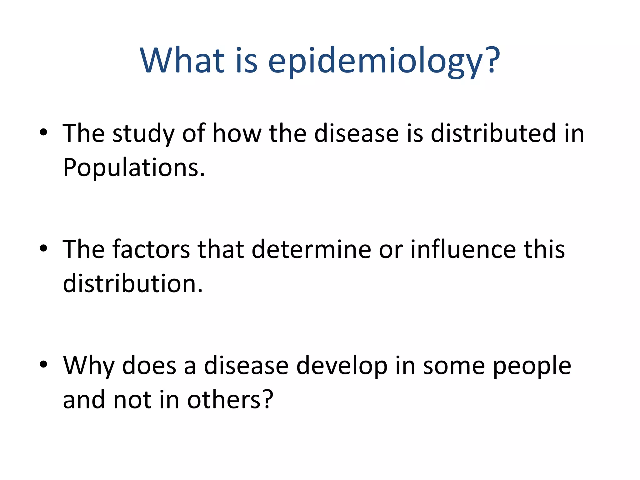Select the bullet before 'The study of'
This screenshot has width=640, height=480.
pos(43,132)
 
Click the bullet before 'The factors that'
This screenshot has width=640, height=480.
pos(43,248)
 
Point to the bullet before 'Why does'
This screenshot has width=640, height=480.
pos(43,364)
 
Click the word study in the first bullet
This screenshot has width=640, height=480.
pos(143,134)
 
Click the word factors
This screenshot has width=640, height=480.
pos(151,249)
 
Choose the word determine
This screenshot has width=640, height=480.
pos(311,249)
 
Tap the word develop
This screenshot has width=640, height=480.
pos(342,366)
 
